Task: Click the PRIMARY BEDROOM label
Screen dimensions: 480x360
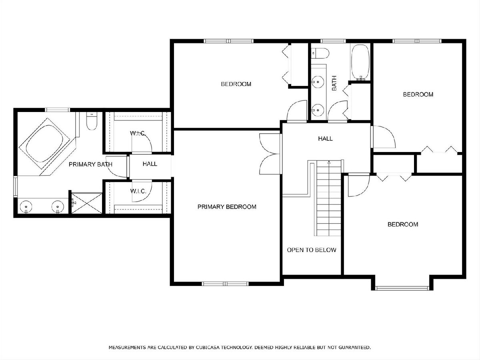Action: [227, 207]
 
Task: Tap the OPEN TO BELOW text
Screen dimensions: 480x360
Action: [311, 250]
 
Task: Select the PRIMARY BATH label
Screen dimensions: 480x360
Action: [90, 164]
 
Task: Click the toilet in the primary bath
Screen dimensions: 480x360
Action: [92, 121]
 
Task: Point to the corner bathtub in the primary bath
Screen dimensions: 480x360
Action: [47, 146]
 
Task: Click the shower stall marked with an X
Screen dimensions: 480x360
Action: [87, 203]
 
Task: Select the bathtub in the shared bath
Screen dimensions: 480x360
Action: [360, 63]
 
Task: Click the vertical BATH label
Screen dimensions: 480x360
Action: [334, 83]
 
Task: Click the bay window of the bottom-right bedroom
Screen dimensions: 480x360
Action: [402, 288]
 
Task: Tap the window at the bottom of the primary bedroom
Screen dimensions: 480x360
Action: [225, 284]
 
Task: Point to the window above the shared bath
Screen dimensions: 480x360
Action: [333, 41]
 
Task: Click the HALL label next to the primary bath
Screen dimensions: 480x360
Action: [150, 164]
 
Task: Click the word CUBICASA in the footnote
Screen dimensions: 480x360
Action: [208, 347]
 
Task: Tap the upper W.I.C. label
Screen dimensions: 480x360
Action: [138, 133]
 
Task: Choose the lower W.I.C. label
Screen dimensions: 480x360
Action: [138, 191]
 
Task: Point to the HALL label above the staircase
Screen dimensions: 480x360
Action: [325, 138]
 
